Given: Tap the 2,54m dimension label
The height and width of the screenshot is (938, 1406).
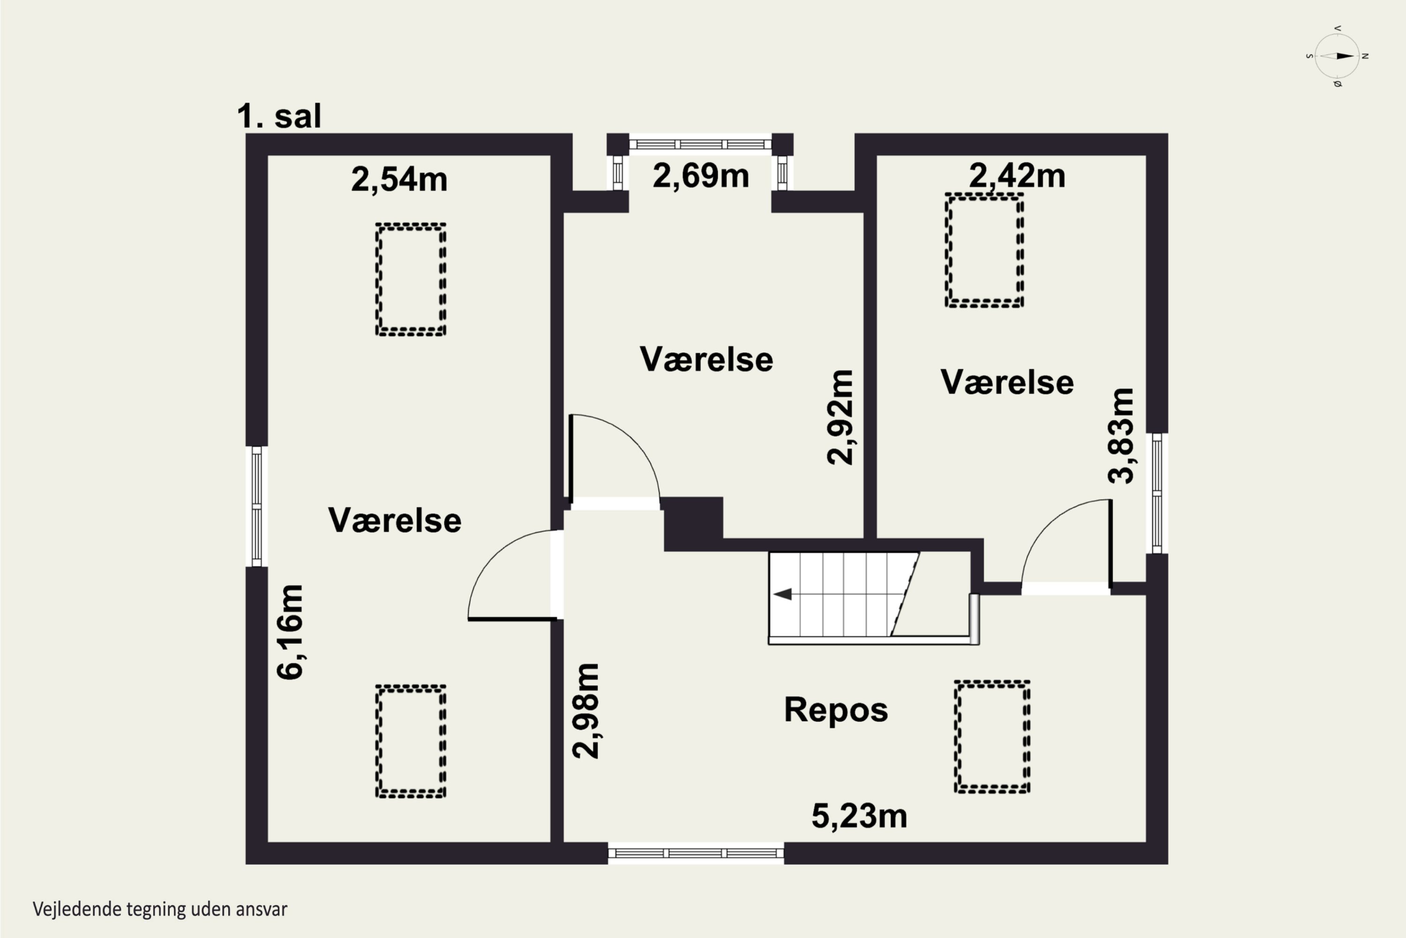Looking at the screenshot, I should pos(399,180).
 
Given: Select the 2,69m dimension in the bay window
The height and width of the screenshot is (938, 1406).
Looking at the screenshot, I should pos(701,176).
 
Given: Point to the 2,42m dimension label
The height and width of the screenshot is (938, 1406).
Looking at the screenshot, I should pos(1017,176).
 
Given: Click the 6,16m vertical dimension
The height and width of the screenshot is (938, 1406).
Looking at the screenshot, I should pos(291,632).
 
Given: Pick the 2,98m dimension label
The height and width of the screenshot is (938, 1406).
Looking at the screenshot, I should pos(586,711).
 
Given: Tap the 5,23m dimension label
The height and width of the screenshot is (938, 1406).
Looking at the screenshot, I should pos(859,816).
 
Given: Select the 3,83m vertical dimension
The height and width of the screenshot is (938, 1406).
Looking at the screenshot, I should pos(1120,436).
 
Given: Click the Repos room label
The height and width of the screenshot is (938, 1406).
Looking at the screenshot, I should pos(836,710).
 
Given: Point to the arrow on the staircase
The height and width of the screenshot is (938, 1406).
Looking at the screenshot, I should pos(783,594).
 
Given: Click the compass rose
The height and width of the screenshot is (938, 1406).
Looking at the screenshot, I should pos(1337,56).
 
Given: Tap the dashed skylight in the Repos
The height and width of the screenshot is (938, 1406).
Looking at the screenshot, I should pos(992,736).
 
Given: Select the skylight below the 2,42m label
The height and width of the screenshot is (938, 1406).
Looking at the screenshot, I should pos(984,250).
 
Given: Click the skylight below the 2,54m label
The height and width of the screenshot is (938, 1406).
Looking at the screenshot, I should pos(411,280).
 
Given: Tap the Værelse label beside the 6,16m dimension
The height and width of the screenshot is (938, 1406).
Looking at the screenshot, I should pos(395,521).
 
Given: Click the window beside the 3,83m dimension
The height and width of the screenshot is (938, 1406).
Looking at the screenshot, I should pos(1157,493).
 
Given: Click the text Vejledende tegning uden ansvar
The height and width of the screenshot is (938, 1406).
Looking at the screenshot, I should pos(160,909).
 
